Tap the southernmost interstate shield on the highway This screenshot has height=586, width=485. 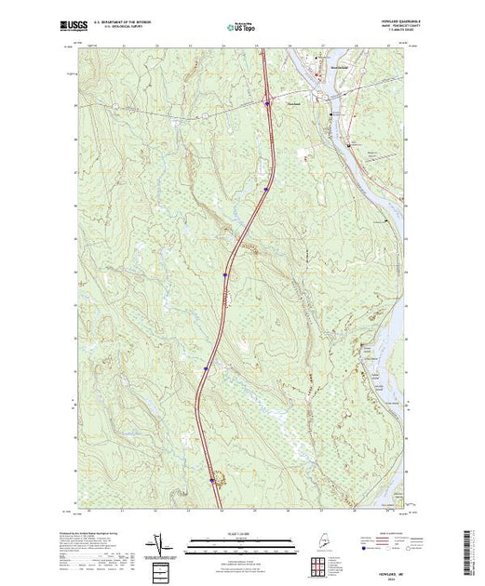coord(212,480)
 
